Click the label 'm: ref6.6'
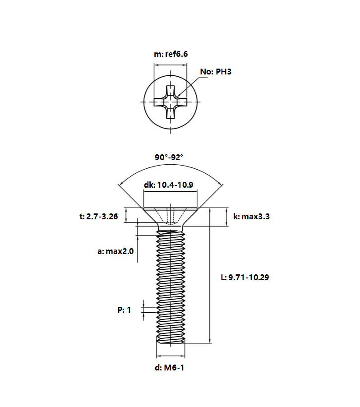pyautogui.click(x=171, y=54)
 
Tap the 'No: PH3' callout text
pyautogui.click(x=216, y=72)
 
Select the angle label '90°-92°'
pyautogui.click(x=169, y=157)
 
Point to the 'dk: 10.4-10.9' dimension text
pyautogui.click(x=168, y=185)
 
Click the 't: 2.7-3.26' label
pyautogui.click(x=99, y=217)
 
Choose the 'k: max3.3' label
pyautogui.click(x=251, y=217)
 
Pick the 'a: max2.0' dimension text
pyautogui.click(x=115, y=251)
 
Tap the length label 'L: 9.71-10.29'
pyautogui.click(x=245, y=277)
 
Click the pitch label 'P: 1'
pyautogui.click(x=124, y=310)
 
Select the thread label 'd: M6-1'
pyautogui.click(x=169, y=368)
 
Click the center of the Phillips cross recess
pyautogui.click(x=170, y=102)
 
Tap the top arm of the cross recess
pyautogui.click(x=170, y=91)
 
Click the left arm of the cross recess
pyautogui.click(x=159, y=102)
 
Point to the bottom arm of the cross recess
pyautogui.click(x=170, y=113)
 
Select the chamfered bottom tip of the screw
pyautogui.click(x=171, y=341)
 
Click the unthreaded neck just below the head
pyautogui.click(x=171, y=228)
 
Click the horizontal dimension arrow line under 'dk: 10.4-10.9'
pyautogui.click(x=170, y=192)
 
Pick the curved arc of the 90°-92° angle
pyautogui.click(x=171, y=165)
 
